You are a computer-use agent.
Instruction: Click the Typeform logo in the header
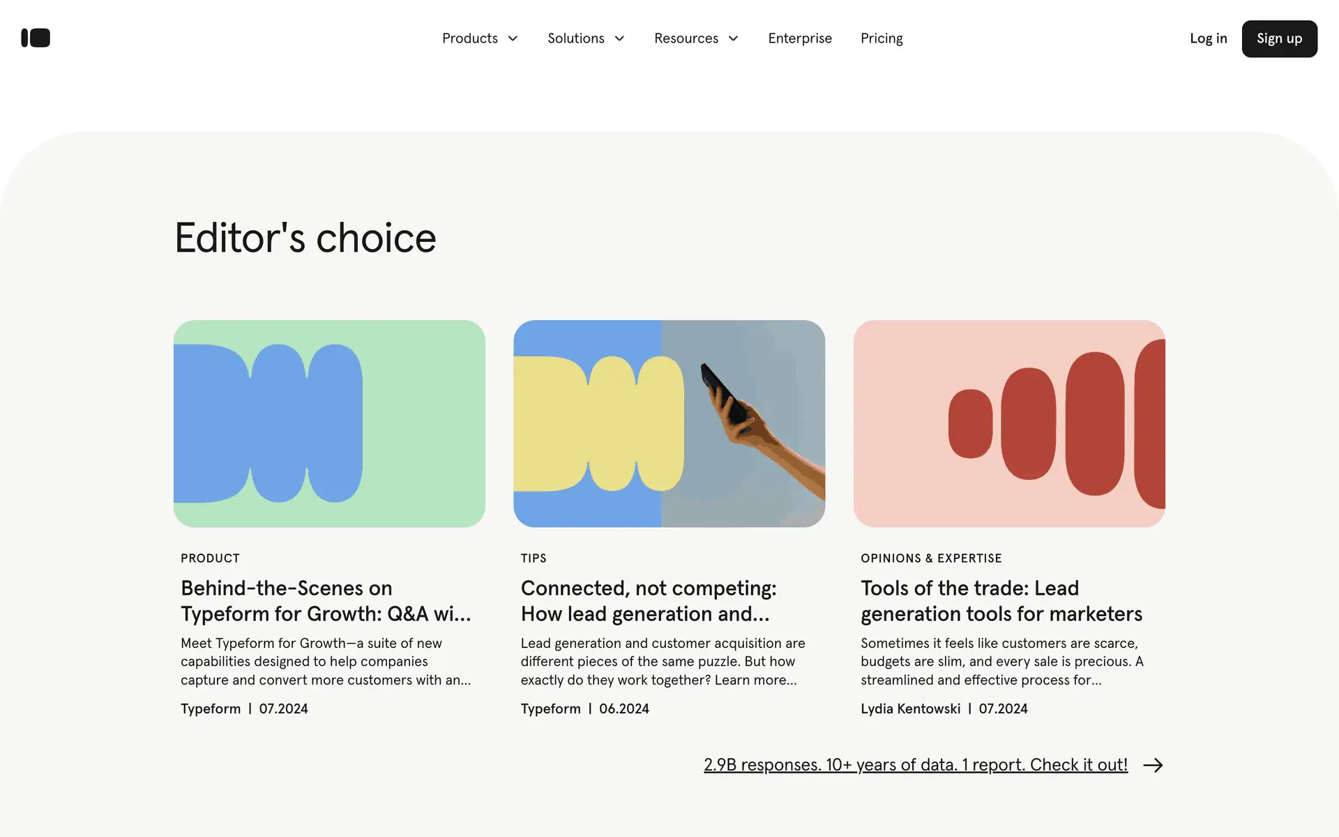tap(36, 38)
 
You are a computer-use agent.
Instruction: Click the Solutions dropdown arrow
tap(619, 38)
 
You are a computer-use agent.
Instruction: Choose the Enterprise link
tap(800, 38)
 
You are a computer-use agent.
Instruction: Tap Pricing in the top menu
tap(882, 38)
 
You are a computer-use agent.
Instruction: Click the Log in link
tap(1208, 38)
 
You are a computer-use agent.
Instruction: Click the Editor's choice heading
tap(305, 238)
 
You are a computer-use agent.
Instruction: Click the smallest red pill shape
tap(970, 423)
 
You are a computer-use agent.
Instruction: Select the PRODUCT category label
tap(210, 558)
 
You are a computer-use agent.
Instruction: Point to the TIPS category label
tap(534, 558)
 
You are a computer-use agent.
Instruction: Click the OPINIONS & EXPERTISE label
tap(931, 558)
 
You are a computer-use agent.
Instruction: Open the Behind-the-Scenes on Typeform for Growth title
tap(326, 601)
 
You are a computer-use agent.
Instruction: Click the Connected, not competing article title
tap(649, 601)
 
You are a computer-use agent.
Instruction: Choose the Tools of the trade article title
tap(1001, 601)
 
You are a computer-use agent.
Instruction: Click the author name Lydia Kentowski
tap(910, 709)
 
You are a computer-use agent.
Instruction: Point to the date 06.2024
tap(624, 709)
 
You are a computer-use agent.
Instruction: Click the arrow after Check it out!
tap(1153, 765)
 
